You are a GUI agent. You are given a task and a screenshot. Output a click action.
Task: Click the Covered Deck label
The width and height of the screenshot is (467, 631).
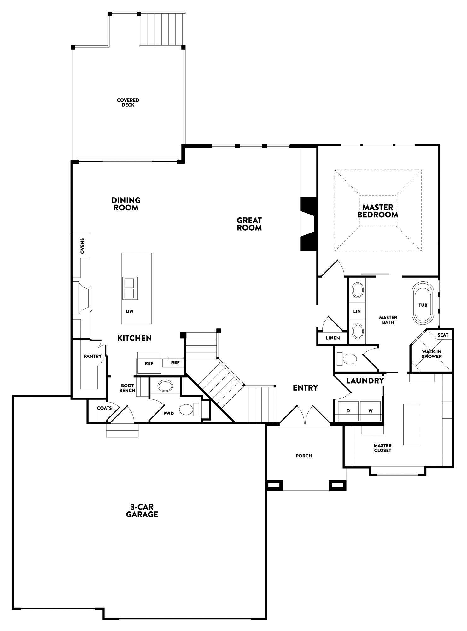[x=128, y=103]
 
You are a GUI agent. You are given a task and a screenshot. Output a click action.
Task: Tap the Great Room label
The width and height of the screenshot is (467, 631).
[x=249, y=224]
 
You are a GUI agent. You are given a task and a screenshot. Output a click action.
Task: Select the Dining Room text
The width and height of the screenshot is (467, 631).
[x=126, y=204]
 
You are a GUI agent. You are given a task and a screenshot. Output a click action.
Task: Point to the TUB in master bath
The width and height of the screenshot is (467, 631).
[x=423, y=305]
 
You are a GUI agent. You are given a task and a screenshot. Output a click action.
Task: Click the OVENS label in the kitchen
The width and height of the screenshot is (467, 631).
[x=82, y=246]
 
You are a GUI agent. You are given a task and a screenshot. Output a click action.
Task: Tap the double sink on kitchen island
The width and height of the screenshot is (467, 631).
[x=130, y=288]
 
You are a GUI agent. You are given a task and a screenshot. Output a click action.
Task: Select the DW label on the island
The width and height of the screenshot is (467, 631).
[x=130, y=311]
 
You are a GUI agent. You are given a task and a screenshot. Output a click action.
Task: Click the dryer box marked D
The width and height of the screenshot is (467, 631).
[x=348, y=411]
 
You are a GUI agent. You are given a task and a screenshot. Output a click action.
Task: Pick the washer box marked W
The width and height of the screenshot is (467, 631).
[x=371, y=411]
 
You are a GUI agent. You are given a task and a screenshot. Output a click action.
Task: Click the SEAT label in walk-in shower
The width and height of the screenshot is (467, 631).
[x=443, y=335]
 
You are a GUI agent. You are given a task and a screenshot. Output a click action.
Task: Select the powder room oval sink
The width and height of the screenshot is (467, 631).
[x=165, y=386]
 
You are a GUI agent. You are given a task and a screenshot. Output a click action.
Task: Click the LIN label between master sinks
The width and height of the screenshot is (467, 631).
[x=357, y=311]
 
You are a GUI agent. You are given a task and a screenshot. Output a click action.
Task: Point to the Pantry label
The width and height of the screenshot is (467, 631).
[x=93, y=356]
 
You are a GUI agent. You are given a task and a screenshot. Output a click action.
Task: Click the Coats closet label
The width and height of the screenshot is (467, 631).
[x=104, y=408]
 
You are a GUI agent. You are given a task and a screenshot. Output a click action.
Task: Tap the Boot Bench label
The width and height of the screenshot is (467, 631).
[x=127, y=388]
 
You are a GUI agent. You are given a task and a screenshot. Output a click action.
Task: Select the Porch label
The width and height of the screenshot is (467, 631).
[x=304, y=456]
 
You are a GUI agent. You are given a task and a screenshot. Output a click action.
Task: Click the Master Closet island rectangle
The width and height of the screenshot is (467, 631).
[x=412, y=424]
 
